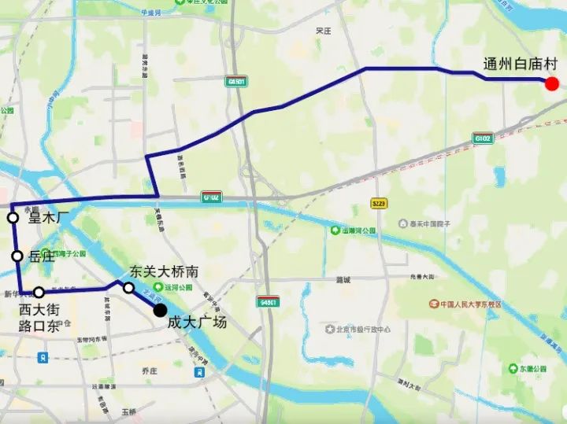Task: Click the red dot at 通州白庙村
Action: [552, 84]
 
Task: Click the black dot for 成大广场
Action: [160, 311]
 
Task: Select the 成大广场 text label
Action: [197, 322]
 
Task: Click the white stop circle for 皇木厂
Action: [13, 218]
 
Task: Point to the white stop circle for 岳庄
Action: [17, 256]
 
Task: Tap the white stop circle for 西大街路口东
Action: [39, 293]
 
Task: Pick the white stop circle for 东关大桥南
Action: [128, 288]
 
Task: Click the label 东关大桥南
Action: [163, 271]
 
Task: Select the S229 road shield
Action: [379, 204]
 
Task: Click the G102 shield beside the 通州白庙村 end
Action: [483, 138]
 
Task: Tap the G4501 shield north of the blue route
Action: [235, 81]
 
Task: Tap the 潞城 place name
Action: [343, 279]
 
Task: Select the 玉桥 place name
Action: [129, 411]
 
